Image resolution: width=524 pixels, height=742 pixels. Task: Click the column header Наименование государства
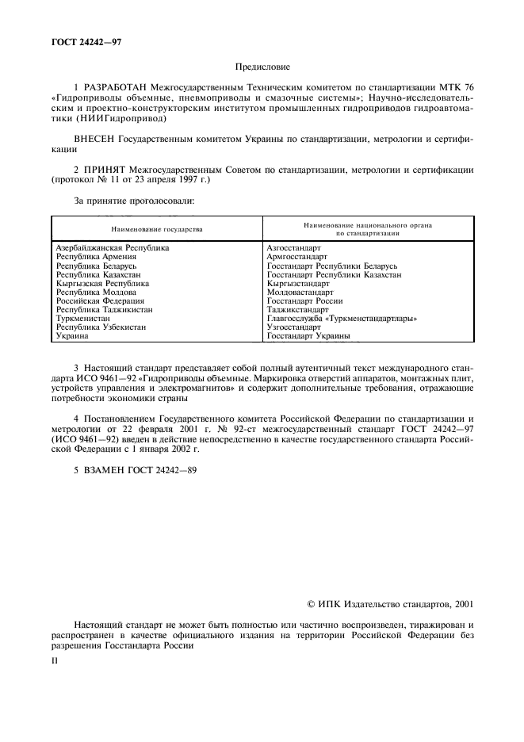click(x=157, y=229)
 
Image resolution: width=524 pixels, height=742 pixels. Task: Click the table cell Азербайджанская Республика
click(x=113, y=248)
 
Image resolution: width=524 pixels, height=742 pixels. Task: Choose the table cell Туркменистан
click(x=83, y=319)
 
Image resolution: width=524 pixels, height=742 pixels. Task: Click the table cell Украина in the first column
click(x=72, y=336)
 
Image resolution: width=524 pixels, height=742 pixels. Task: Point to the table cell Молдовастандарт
click(x=300, y=292)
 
